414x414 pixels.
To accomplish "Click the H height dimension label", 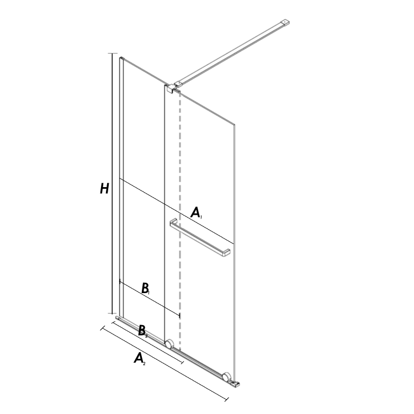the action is (x=104, y=189).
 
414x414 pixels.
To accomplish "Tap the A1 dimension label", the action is (x=196, y=213).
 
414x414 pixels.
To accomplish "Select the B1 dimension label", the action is (x=146, y=288).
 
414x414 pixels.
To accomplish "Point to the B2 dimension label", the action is (x=143, y=331).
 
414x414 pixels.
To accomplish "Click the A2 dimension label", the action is (x=140, y=359).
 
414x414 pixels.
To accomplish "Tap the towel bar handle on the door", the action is (x=200, y=237).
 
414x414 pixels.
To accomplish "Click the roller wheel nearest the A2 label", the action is (x=169, y=344).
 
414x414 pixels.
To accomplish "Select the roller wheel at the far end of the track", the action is (x=226, y=377).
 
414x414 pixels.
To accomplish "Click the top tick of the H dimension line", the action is (x=113, y=54).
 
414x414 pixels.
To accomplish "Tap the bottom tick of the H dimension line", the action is (x=113, y=313).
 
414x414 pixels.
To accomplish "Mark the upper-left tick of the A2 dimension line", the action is (x=103, y=328).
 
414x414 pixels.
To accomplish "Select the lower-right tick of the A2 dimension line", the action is (x=226, y=399).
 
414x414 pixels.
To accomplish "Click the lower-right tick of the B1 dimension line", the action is (x=180, y=315).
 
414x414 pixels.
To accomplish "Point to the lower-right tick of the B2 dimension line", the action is (x=182, y=362).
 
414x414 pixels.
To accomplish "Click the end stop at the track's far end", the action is (x=236, y=384).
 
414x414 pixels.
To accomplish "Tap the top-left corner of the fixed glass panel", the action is (x=120, y=58).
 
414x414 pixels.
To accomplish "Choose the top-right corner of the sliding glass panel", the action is (x=234, y=124).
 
